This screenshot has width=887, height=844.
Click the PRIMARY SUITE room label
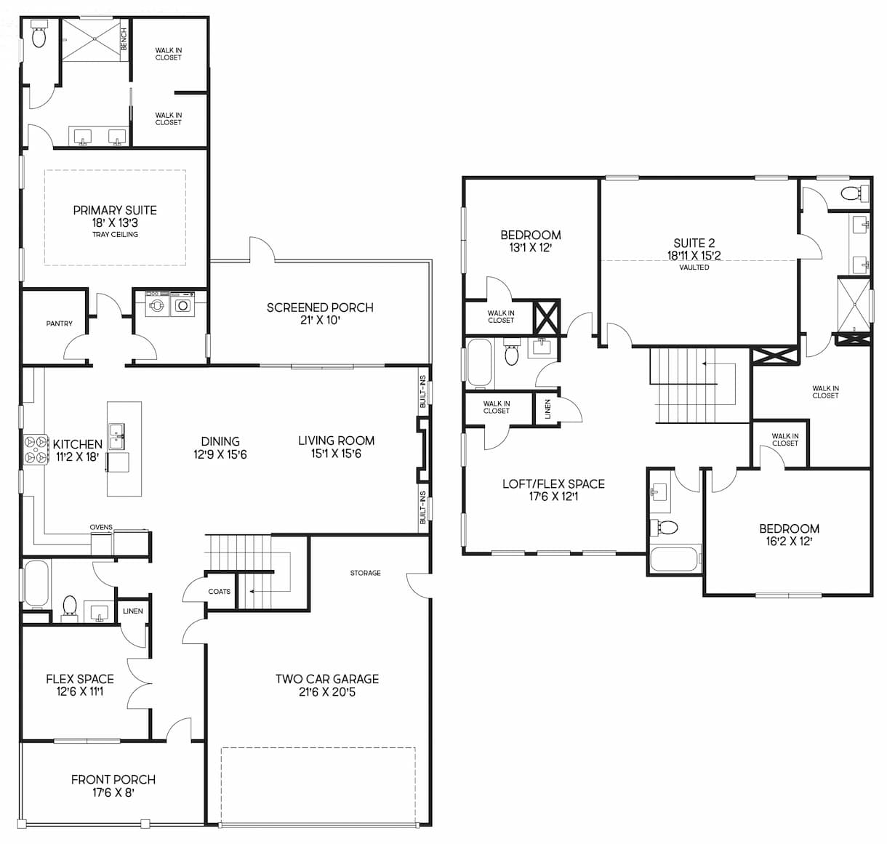pyautogui.click(x=115, y=210)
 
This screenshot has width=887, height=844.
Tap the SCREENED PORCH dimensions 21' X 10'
pyautogui.click(x=320, y=321)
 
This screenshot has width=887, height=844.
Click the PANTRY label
pyautogui.click(x=59, y=323)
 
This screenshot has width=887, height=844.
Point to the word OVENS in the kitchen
pyautogui.click(x=101, y=527)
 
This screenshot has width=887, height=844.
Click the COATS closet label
pyautogui.click(x=219, y=592)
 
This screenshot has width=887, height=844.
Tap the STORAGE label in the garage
pyautogui.click(x=365, y=573)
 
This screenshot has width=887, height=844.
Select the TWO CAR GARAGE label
pyautogui.click(x=326, y=679)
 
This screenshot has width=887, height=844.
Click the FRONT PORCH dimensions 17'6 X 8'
pyautogui.click(x=113, y=792)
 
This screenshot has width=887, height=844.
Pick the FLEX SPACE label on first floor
pyautogui.click(x=80, y=679)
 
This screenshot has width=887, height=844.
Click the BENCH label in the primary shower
pyautogui.click(x=124, y=39)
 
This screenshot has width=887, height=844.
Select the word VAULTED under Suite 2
pyautogui.click(x=694, y=268)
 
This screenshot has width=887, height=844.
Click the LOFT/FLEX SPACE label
pyautogui.click(x=553, y=484)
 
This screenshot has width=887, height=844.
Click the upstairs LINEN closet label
pyautogui.click(x=547, y=409)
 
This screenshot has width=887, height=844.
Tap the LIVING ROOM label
pyautogui.click(x=336, y=441)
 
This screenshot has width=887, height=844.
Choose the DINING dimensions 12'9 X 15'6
pyautogui.click(x=220, y=454)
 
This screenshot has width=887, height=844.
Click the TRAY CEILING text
pyautogui.click(x=115, y=235)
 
